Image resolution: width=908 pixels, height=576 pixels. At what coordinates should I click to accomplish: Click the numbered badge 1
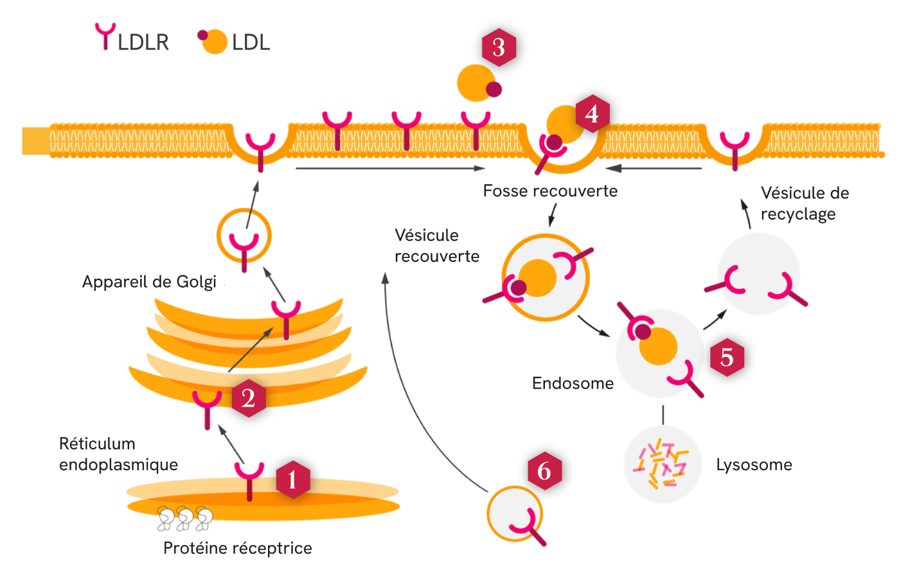pyautogui.click(x=293, y=479)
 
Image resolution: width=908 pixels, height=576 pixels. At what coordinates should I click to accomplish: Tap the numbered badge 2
pyautogui.click(x=249, y=398)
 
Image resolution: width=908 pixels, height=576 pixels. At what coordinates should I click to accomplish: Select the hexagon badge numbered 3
pyautogui.click(x=499, y=47)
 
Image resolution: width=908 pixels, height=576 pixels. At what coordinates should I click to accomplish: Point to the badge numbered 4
pyautogui.click(x=592, y=114)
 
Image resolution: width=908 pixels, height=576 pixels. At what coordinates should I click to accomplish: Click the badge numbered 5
pyautogui.click(x=727, y=357)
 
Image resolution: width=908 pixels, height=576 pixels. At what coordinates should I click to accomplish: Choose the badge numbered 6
pyautogui.click(x=544, y=471)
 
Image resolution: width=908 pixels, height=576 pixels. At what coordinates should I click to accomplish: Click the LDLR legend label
pyautogui.click(x=143, y=42)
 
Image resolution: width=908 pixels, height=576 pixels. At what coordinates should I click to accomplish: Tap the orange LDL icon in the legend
pyautogui.click(x=214, y=42)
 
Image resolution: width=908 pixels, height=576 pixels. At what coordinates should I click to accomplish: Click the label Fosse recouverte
pyautogui.click(x=550, y=191)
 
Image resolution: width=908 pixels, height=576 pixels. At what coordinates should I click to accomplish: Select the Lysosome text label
pyautogui.click(x=754, y=464)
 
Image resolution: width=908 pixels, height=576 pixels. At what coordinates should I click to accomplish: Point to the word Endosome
pyautogui.click(x=573, y=383)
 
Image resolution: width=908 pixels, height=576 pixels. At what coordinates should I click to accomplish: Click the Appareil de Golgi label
pyautogui.click(x=149, y=282)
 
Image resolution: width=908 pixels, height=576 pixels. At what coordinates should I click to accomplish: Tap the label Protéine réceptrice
pyautogui.click(x=237, y=548)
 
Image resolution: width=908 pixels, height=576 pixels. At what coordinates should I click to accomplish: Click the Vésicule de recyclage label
pyautogui.click(x=804, y=203)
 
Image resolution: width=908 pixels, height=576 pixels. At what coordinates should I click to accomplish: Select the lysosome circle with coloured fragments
pyautogui.click(x=663, y=464)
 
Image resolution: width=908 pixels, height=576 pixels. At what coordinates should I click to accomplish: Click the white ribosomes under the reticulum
pyautogui.click(x=185, y=518)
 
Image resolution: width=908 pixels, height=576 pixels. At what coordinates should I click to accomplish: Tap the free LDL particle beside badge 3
pyautogui.click(x=477, y=83)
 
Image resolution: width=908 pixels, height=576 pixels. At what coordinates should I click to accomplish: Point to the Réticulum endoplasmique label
pyautogui.click(x=118, y=454)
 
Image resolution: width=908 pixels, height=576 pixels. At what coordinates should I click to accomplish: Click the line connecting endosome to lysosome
pyautogui.click(x=663, y=414)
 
